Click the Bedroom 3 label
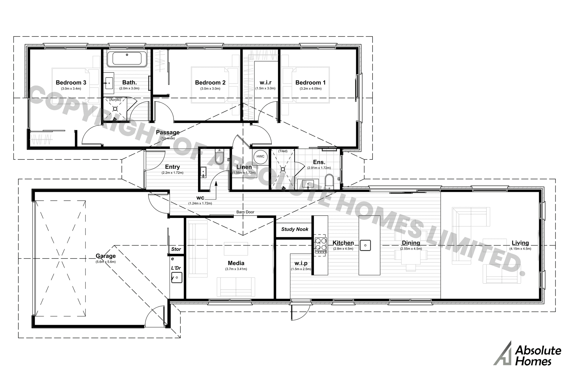pos(71,83)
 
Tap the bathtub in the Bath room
pos(127,58)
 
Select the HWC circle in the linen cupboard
pos(260,156)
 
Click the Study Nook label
pos(295,229)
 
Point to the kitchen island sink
pos(365,245)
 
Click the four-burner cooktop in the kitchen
pos(321,244)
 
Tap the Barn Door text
pos(245,212)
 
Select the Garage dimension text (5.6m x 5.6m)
pos(106,262)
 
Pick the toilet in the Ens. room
pos(329,181)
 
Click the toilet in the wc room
pos(219,157)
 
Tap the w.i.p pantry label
pos(301,263)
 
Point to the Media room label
pos(236,263)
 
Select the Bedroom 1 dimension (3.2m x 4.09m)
pos(310,88)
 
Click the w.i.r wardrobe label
pos(265,83)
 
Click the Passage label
pos(167,132)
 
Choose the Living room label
pos(520,243)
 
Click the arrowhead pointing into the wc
pos(216,183)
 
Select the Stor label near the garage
pos(176,249)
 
